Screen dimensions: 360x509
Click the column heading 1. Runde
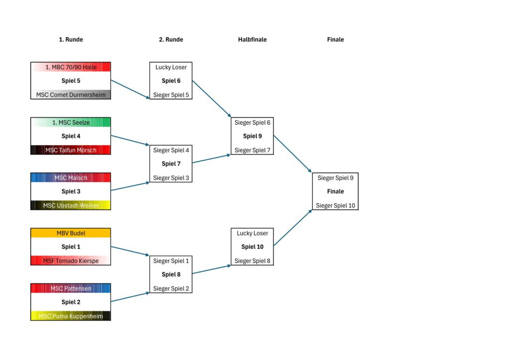click(71, 40)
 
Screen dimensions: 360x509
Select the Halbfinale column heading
click(252, 40)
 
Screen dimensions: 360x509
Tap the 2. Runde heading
click(171, 40)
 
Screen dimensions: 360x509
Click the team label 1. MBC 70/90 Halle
click(71, 67)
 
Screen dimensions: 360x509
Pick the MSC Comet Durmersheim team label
click(71, 94)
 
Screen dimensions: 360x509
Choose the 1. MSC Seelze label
click(71, 122)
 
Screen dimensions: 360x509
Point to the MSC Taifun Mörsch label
click(71, 150)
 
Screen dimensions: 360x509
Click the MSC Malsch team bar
click(71, 178)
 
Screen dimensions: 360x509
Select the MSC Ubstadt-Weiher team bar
click(71, 205)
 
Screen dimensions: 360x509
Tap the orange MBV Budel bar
click(71, 233)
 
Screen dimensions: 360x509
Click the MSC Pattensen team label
click(71, 288)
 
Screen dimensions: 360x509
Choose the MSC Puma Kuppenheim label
click(71, 316)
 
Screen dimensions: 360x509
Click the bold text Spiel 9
click(252, 136)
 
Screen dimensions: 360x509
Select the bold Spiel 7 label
click(171, 164)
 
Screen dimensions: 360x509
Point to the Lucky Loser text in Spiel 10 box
click(252, 233)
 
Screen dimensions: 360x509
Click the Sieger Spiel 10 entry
click(336, 205)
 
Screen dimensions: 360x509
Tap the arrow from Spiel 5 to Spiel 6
click(130, 89)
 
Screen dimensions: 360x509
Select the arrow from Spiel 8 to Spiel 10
click(211, 270)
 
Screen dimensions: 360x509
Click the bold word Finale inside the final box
click(336, 191)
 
